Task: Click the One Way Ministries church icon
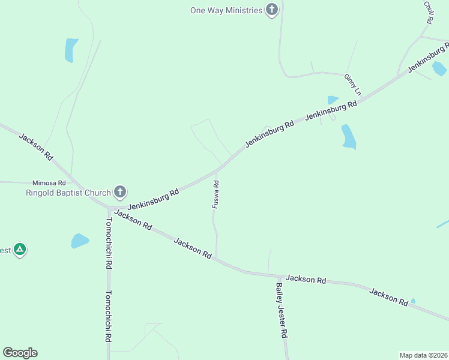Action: tap(273, 10)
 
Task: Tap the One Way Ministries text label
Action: tap(226, 10)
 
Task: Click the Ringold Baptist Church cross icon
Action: tap(120, 193)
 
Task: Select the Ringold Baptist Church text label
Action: tap(68, 193)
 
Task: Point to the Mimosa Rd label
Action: tap(49, 182)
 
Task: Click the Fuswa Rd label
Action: tap(215, 194)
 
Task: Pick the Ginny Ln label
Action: tap(352, 85)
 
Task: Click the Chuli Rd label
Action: tap(428, 12)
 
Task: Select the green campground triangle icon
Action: tap(20, 249)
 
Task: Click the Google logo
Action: tap(20, 353)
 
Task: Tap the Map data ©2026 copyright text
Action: tap(423, 355)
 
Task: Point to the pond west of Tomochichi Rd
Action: tap(79, 241)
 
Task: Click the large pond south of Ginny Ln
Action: tap(348, 137)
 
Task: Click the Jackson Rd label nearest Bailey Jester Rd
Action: tap(306, 279)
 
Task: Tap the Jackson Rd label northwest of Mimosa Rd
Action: tap(35, 146)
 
